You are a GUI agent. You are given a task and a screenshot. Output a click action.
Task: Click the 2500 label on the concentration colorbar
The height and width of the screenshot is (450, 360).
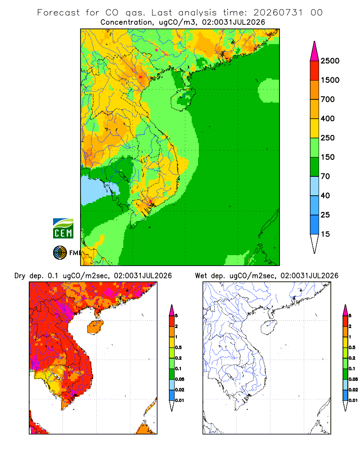(330, 61)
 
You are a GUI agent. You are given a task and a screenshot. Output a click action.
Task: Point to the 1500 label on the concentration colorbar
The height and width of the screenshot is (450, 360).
(330, 80)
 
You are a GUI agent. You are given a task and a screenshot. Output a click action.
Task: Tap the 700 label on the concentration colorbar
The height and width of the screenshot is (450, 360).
(328, 99)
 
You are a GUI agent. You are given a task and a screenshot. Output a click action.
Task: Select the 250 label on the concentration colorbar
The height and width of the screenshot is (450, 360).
(328, 138)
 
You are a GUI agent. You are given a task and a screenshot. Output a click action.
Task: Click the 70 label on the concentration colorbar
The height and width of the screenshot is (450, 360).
(325, 176)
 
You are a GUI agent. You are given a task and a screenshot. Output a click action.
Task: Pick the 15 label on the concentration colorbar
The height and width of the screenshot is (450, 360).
(325, 234)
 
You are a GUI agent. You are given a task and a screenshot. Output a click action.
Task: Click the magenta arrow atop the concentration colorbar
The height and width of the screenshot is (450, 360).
(315, 51)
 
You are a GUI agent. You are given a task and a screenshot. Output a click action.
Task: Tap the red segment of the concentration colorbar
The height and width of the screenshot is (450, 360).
(315, 71)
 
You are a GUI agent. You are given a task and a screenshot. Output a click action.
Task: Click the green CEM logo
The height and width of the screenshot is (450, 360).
(63, 229)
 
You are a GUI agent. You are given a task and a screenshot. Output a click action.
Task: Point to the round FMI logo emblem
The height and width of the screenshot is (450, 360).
(60, 253)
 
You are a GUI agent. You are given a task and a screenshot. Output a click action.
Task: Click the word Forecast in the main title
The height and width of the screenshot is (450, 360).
(58, 13)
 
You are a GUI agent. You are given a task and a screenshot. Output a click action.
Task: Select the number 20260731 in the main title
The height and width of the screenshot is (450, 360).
(278, 13)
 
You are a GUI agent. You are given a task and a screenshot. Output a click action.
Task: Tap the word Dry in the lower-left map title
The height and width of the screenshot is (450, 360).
(20, 276)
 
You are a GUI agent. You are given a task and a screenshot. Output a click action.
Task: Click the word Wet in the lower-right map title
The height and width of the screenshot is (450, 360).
(201, 276)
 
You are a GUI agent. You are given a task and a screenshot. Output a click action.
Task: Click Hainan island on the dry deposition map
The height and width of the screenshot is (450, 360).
(95, 327)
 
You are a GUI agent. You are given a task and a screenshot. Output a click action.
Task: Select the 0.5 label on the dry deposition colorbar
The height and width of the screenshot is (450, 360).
(178, 347)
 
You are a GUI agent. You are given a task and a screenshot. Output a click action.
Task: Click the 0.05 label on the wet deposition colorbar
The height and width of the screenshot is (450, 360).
(353, 379)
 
